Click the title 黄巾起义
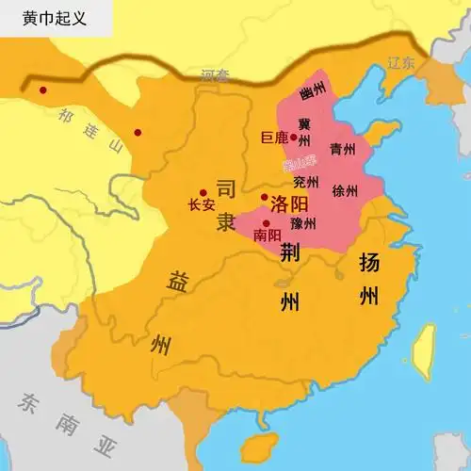[x=46, y=17]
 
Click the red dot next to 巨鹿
[x=294, y=138]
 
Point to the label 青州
[x=342, y=149]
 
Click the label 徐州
[x=346, y=190]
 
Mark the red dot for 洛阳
[x=265, y=197]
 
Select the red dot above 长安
[x=203, y=191]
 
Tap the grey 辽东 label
[x=400, y=65]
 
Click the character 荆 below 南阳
[x=292, y=251]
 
